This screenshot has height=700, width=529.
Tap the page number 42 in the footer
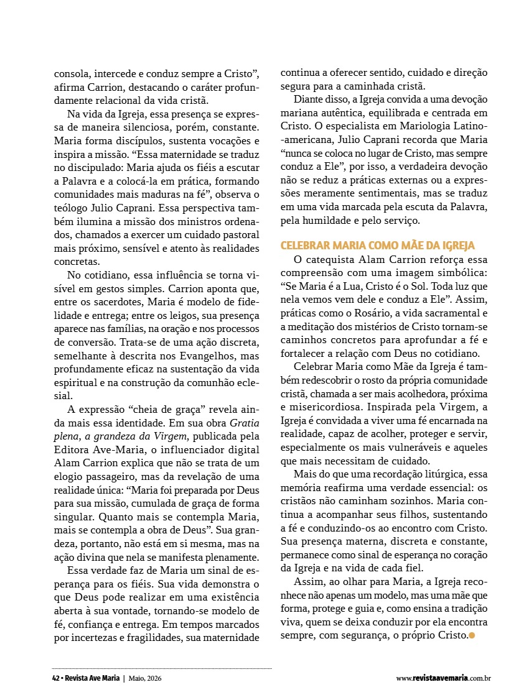pyautogui.click(x=55, y=678)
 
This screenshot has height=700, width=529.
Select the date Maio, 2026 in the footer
pyautogui.click(x=148, y=678)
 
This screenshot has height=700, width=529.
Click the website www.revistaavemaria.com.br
pyautogui.click(x=443, y=678)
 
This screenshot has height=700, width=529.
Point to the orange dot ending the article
pyautogui.click(x=472, y=635)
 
